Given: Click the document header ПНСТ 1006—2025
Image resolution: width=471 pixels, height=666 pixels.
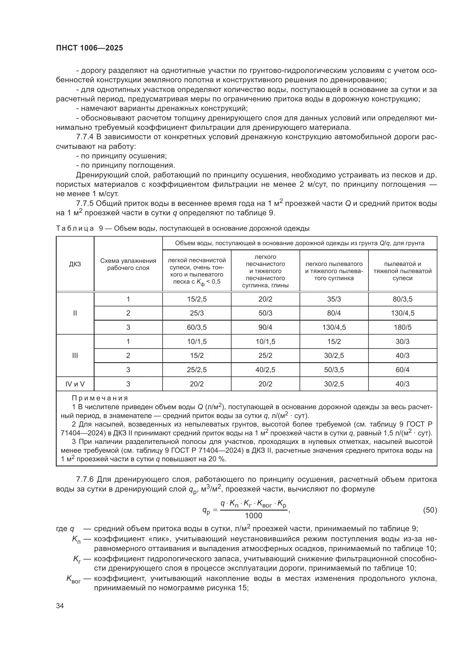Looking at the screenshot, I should click(89, 48).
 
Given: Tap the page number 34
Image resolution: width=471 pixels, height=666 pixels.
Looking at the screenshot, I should click(60, 606).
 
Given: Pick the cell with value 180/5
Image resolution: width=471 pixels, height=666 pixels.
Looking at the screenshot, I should click(402, 327).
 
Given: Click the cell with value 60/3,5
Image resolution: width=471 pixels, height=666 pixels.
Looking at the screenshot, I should click(197, 327).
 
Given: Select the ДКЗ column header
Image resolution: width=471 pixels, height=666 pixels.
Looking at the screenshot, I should click(75, 264).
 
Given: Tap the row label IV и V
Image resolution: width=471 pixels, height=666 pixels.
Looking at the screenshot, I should click(75, 384).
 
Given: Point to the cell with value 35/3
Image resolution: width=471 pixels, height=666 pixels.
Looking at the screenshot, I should click(334, 299).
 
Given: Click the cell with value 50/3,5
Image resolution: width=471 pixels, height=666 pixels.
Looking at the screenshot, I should click(334, 370).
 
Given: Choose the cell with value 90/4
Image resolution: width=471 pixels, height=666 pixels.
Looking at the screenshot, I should click(265, 327).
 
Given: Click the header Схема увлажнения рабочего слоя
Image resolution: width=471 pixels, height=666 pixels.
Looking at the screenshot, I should click(128, 264).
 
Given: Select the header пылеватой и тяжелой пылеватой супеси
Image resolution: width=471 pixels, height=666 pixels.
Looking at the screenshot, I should click(402, 271).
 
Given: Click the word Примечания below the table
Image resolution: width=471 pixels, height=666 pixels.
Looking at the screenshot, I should click(100, 398).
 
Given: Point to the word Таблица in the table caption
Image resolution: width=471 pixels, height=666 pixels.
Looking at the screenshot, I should click(75, 228).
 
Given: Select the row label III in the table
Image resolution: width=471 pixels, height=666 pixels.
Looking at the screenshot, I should click(75, 355).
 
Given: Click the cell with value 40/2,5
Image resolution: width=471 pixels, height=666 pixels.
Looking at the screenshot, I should click(265, 370).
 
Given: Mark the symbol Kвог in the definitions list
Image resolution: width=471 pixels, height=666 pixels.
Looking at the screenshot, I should click(73, 579).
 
